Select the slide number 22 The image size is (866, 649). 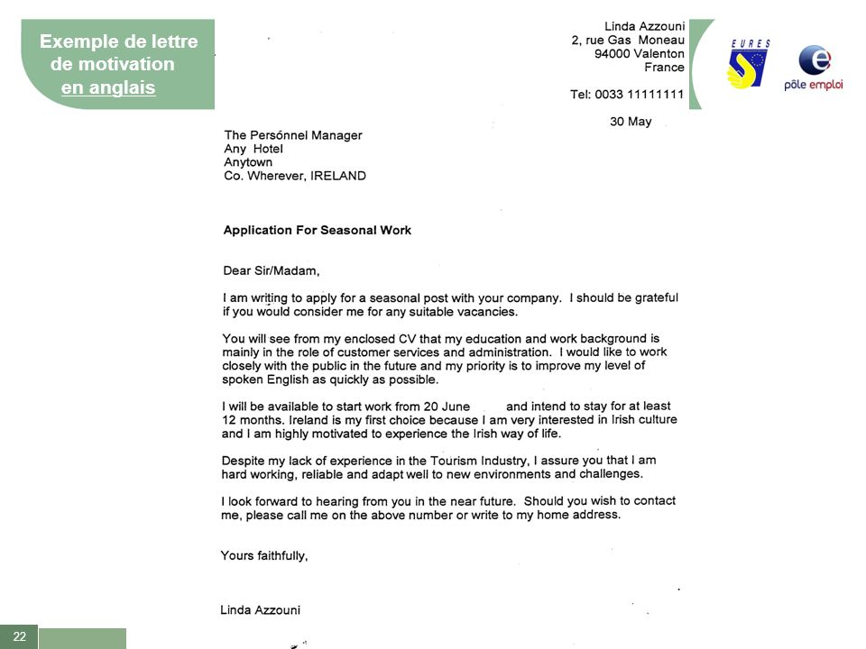click(x=19, y=636)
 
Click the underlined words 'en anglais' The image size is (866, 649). click(x=108, y=87)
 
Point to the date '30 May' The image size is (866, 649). click(x=631, y=122)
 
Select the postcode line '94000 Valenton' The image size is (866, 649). click(x=639, y=53)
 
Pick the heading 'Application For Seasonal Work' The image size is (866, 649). click(x=317, y=230)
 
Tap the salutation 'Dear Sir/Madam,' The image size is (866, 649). click(x=272, y=270)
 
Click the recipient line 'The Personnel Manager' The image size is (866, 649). click(x=292, y=135)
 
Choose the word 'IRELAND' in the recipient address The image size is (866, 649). click(x=338, y=176)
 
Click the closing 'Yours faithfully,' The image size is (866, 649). click(x=264, y=555)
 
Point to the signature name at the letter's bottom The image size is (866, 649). click(x=261, y=609)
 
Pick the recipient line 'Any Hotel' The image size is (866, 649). click(x=253, y=149)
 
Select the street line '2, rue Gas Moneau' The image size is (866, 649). click(x=628, y=40)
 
